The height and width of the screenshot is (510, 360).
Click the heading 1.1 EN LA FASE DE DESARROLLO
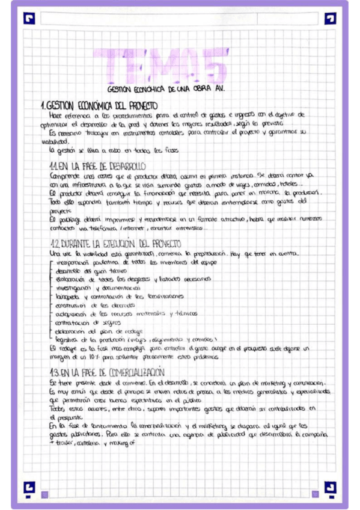click(98, 165)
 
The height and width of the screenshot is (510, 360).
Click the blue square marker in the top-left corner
click(29, 18)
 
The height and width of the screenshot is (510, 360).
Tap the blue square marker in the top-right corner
click(330, 18)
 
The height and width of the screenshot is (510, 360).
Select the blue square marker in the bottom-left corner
click(29, 487)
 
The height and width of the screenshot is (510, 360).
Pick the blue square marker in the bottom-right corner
click(330, 487)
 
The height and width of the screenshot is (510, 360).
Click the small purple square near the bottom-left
click(45, 494)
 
